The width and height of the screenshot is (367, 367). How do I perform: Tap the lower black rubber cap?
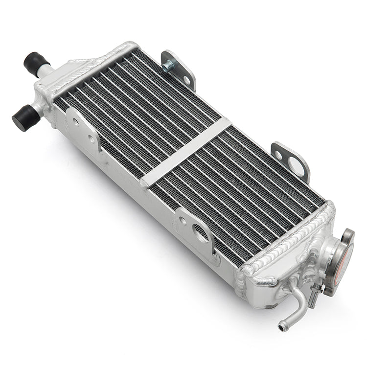[x=24, y=117]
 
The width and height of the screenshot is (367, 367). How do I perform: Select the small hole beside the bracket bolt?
[x=186, y=80]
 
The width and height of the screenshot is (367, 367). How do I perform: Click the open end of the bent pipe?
[x=283, y=324]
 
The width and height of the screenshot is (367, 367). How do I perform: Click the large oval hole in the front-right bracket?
[x=202, y=233]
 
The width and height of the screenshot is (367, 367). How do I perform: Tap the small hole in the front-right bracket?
[x=183, y=220]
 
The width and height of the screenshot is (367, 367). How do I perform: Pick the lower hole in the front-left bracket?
[x=92, y=139]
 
